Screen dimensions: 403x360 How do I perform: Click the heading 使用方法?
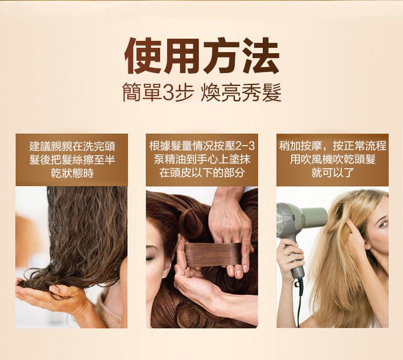[x=201, y=56]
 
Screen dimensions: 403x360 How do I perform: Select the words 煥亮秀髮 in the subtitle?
[x=241, y=92]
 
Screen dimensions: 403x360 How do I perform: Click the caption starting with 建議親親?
[x=71, y=160]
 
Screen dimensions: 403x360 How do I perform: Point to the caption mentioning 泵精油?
[x=201, y=160]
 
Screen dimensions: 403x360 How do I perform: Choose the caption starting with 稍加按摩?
[x=333, y=160]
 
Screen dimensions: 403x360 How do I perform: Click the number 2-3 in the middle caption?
[x=245, y=147]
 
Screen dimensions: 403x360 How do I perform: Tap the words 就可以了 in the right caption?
[x=333, y=173]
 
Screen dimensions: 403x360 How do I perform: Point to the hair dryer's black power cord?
[x=299, y=303]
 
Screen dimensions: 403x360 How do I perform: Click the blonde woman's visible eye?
[x=383, y=224]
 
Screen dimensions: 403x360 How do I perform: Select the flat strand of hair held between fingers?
[x=213, y=254]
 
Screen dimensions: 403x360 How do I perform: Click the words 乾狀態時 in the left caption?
[x=71, y=173]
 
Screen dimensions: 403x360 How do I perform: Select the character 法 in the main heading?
[x=261, y=56]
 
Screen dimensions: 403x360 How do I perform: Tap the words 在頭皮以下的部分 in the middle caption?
[x=201, y=173]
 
